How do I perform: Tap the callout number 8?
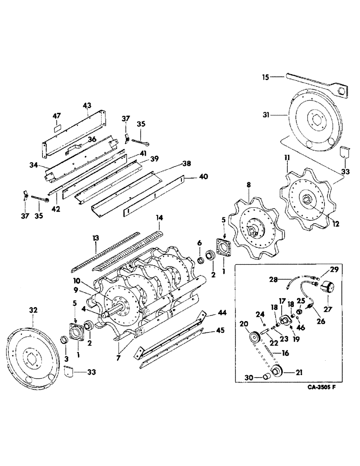249,185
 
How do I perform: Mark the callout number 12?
335,224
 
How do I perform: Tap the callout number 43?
87,106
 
